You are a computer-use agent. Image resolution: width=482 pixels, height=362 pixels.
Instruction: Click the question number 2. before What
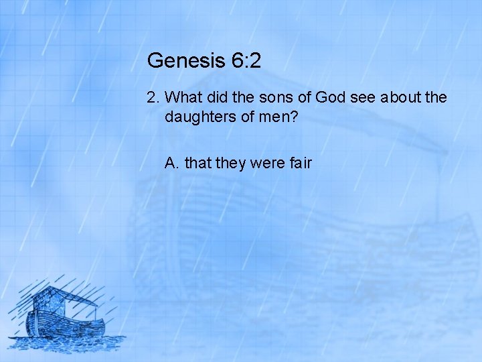[153, 98]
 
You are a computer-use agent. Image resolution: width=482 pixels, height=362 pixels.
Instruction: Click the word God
[330, 98]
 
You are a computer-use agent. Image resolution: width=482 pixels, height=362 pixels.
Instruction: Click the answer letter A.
[171, 162]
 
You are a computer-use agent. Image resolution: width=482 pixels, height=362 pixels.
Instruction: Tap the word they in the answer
[230, 162]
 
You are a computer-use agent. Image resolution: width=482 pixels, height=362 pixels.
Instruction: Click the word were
[267, 162]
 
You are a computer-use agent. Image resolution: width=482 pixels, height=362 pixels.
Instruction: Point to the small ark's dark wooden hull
[67, 328]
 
